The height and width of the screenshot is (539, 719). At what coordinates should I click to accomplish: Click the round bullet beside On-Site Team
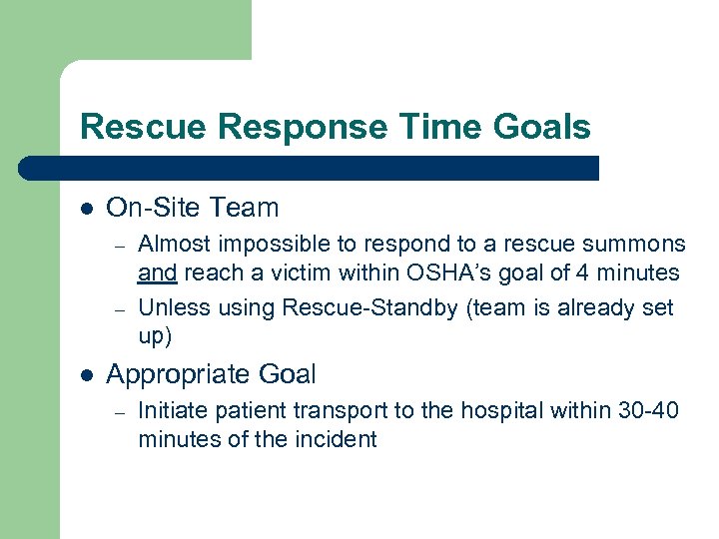[x=87, y=209]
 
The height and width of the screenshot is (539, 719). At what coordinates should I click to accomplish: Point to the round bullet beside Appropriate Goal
[x=87, y=375]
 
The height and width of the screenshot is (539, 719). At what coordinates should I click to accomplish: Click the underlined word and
[x=157, y=271]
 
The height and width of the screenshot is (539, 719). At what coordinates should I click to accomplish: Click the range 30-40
[x=643, y=410]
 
